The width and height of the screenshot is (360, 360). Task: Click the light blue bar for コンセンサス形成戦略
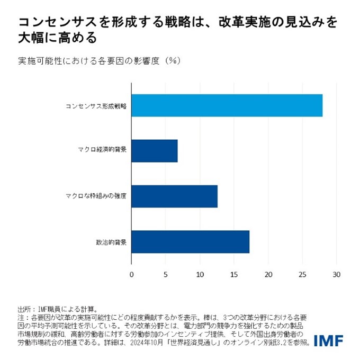click(x=227, y=105)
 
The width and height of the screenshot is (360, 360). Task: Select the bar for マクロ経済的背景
click(x=154, y=151)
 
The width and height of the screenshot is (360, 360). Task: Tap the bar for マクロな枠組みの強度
click(x=174, y=196)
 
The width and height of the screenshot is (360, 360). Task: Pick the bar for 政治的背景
click(x=190, y=242)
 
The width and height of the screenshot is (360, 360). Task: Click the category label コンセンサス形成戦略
click(x=96, y=106)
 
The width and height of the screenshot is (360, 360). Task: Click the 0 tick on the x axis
click(x=131, y=275)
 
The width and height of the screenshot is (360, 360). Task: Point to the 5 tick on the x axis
click(x=165, y=275)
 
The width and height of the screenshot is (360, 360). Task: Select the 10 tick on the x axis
click(x=200, y=275)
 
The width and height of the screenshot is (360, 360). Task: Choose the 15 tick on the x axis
click(x=234, y=275)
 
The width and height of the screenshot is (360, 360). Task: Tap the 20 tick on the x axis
click(x=268, y=275)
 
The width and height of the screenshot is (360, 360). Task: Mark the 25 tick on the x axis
click(x=302, y=275)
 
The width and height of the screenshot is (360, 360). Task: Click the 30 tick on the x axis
click(x=336, y=275)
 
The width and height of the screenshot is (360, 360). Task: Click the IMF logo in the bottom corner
click(x=328, y=341)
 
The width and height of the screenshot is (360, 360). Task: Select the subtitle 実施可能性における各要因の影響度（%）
click(x=100, y=61)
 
